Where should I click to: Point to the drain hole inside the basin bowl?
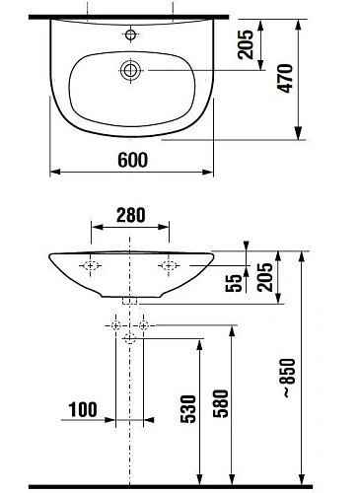(129, 70)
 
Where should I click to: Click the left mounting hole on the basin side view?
(91, 265)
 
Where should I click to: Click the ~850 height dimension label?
(316, 378)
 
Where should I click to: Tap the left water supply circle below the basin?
(116, 325)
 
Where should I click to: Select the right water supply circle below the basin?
(144, 325)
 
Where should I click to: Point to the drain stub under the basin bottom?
(130, 299)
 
